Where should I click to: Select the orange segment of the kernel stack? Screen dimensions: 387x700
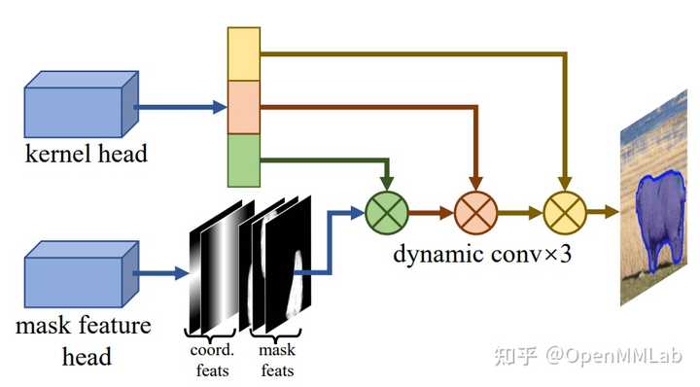(244, 106)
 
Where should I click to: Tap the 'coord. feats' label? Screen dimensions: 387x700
(214, 360)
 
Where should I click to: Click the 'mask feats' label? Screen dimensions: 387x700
(277, 360)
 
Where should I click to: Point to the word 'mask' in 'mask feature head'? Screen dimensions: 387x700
(41, 324)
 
